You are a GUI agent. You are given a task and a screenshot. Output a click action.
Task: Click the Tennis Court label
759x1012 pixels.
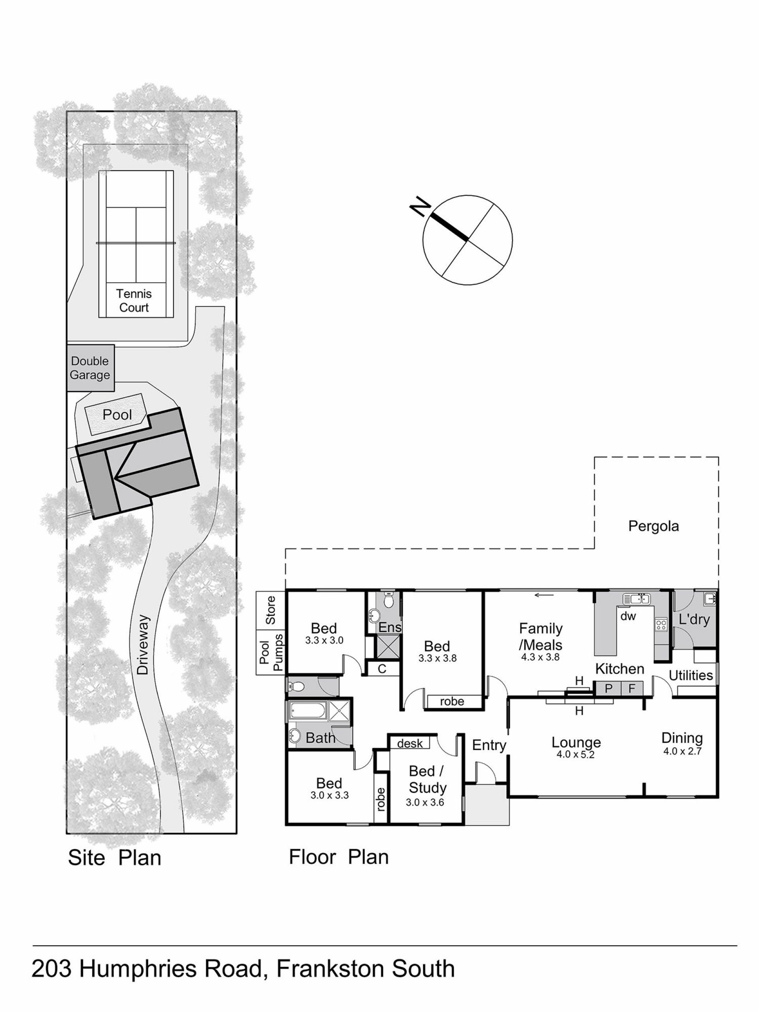134,300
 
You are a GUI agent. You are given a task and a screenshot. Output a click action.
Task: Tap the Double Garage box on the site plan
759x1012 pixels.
90,368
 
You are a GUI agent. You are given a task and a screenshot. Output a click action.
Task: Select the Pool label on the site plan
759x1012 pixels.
117,415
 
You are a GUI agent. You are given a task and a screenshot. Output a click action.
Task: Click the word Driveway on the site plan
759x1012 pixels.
143,645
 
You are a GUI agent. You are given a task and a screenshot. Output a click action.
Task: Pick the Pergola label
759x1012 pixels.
653,526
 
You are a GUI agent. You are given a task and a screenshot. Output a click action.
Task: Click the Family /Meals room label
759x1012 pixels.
540,636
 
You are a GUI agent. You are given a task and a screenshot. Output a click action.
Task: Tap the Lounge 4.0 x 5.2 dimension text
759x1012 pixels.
575,754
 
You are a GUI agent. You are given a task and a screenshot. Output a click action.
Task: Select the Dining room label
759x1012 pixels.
682,738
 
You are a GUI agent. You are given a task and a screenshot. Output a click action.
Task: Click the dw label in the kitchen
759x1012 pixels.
628,616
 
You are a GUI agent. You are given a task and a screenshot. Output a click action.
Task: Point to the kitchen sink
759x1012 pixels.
636,599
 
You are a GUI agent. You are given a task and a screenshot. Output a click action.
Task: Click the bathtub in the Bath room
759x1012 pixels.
307,710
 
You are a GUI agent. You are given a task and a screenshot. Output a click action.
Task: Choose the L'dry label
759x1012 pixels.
694,620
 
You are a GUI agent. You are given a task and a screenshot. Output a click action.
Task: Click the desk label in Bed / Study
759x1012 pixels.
410,744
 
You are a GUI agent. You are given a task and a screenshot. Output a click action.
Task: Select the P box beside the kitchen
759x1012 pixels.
608,688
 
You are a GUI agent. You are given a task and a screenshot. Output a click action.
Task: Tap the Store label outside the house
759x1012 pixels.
271,610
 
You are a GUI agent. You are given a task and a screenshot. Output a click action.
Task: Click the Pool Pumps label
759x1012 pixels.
271,652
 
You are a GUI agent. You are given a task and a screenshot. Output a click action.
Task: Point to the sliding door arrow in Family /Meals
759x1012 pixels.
544,595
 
